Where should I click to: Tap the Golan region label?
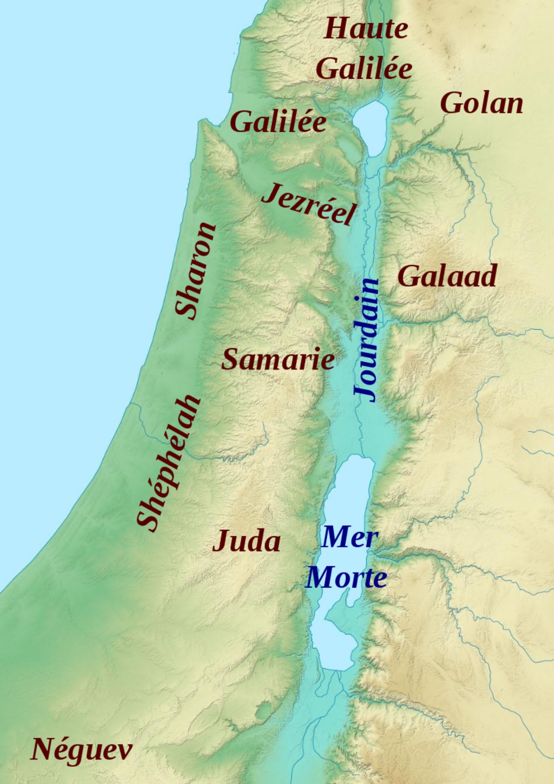[482, 103]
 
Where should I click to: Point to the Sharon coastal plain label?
[195, 270]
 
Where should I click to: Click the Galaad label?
[447, 276]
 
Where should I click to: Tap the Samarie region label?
[278, 360]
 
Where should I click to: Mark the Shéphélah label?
[168, 463]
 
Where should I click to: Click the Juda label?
[246, 541]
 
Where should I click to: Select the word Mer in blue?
[349, 537]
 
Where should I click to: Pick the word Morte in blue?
[346, 578]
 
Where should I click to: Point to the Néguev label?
[81, 749]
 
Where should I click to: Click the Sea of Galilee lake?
[371, 127]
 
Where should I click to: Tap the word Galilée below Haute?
[364, 69]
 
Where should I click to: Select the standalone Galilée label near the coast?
[278, 122]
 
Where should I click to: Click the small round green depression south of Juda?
[263, 709]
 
